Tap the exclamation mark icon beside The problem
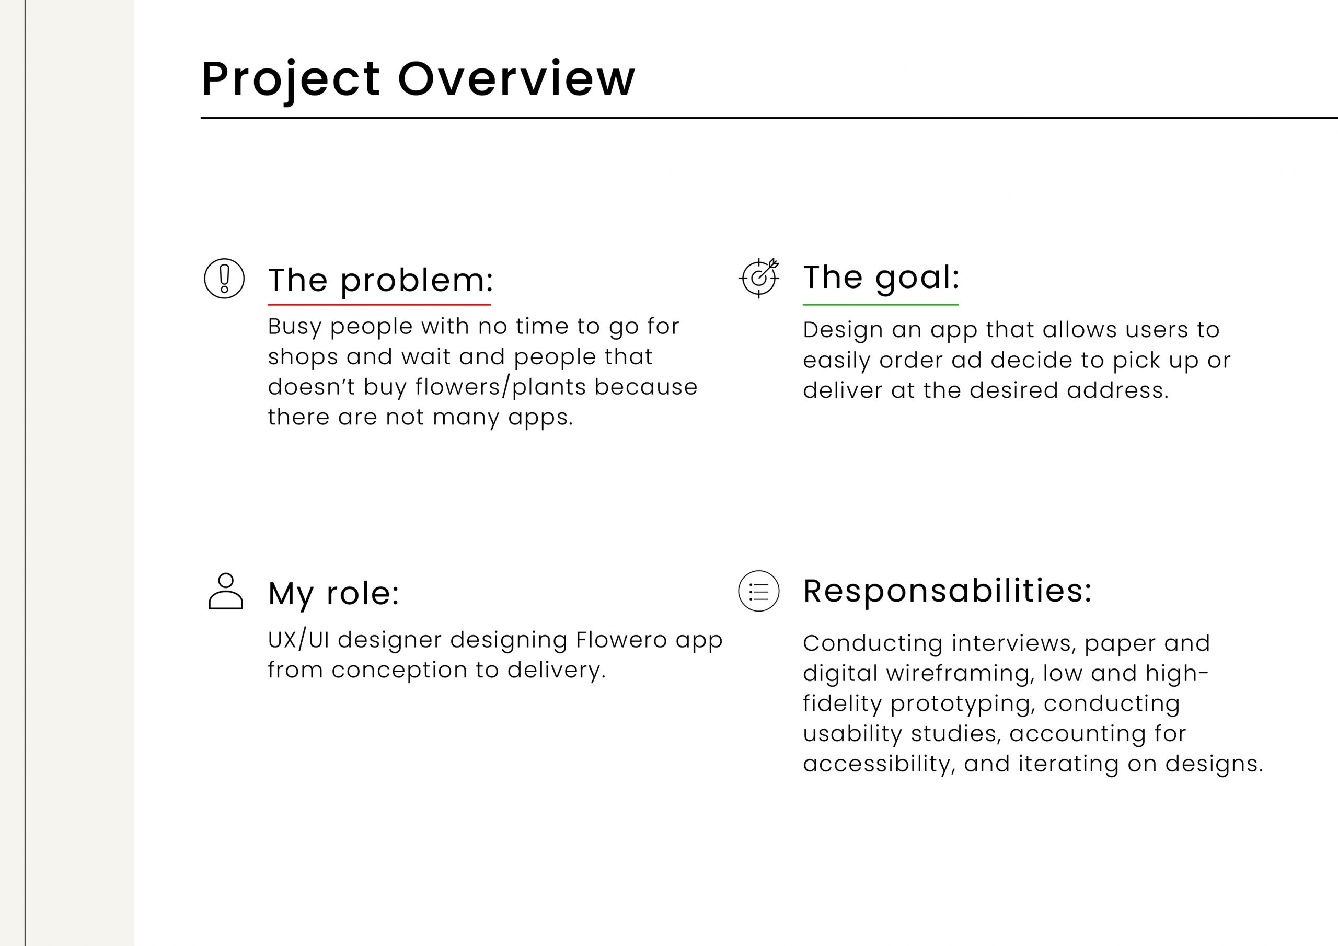(x=224, y=279)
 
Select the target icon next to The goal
(x=759, y=278)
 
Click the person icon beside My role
(x=225, y=591)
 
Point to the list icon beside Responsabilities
(x=759, y=591)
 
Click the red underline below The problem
(x=379, y=304)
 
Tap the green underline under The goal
(x=881, y=304)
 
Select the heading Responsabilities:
(x=948, y=591)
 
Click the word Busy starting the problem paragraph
(x=295, y=327)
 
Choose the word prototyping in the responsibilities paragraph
(x=963, y=704)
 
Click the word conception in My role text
(x=399, y=671)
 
